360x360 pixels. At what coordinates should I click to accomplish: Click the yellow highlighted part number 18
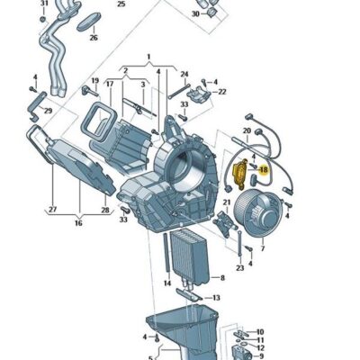pyautogui.click(x=265, y=168)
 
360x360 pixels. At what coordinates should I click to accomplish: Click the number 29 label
pyautogui.click(x=48, y=111)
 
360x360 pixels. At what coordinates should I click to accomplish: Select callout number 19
pyautogui.click(x=95, y=80)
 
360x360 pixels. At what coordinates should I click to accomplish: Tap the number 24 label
pyautogui.click(x=184, y=74)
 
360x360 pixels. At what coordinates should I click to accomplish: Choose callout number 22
pyautogui.click(x=221, y=91)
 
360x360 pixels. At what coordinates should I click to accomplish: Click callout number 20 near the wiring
pyautogui.click(x=247, y=130)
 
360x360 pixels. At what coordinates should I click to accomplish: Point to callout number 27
pyautogui.click(x=52, y=209)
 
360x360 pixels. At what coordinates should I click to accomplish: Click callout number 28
pyautogui.click(x=104, y=209)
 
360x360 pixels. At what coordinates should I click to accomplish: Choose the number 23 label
pyautogui.click(x=240, y=268)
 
